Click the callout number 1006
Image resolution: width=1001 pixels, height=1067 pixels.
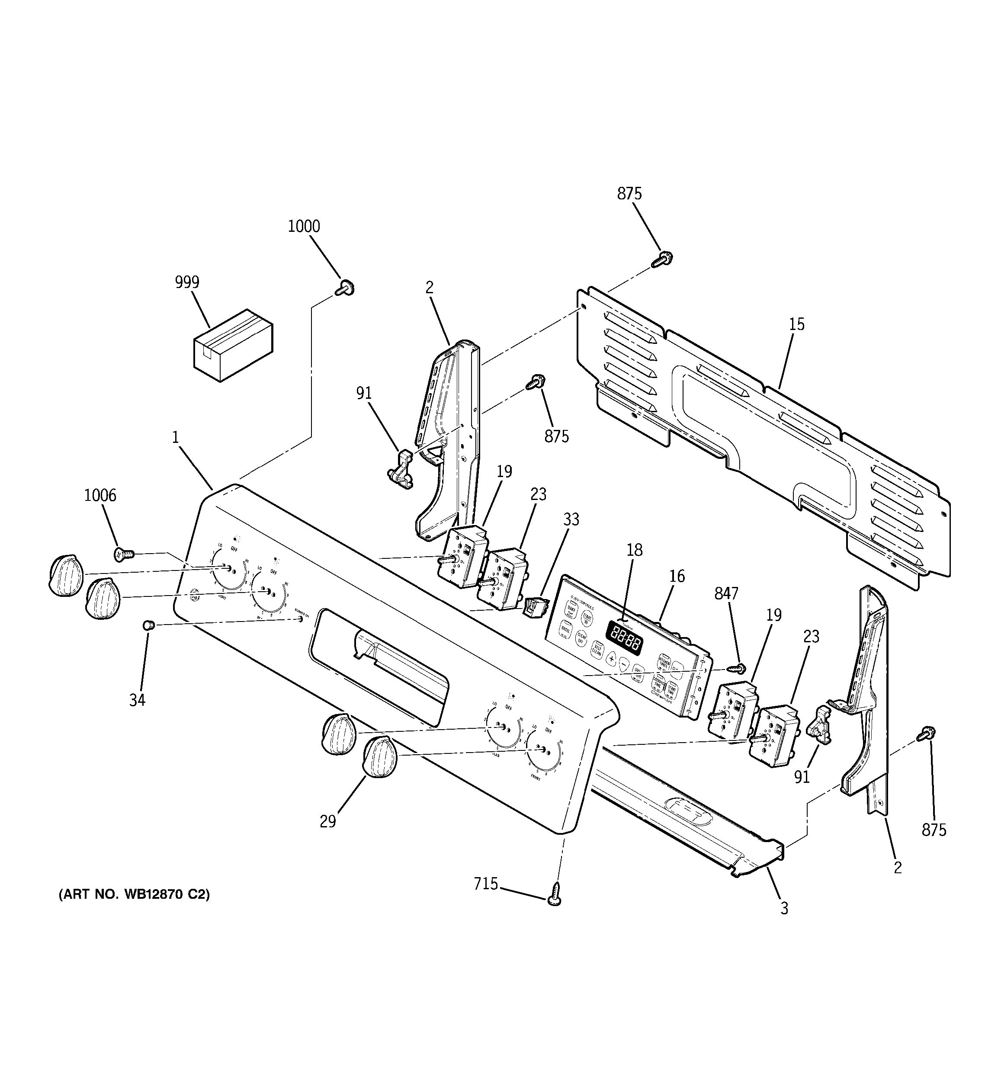tap(100, 495)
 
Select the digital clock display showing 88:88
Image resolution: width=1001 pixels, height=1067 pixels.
tap(625, 638)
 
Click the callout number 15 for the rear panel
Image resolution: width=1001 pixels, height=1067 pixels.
tap(796, 324)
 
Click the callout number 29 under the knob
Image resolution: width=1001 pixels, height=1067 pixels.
tap(328, 821)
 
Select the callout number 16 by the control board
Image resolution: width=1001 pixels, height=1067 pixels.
tap(677, 576)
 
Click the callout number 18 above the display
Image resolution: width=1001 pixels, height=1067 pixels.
tap(635, 550)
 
